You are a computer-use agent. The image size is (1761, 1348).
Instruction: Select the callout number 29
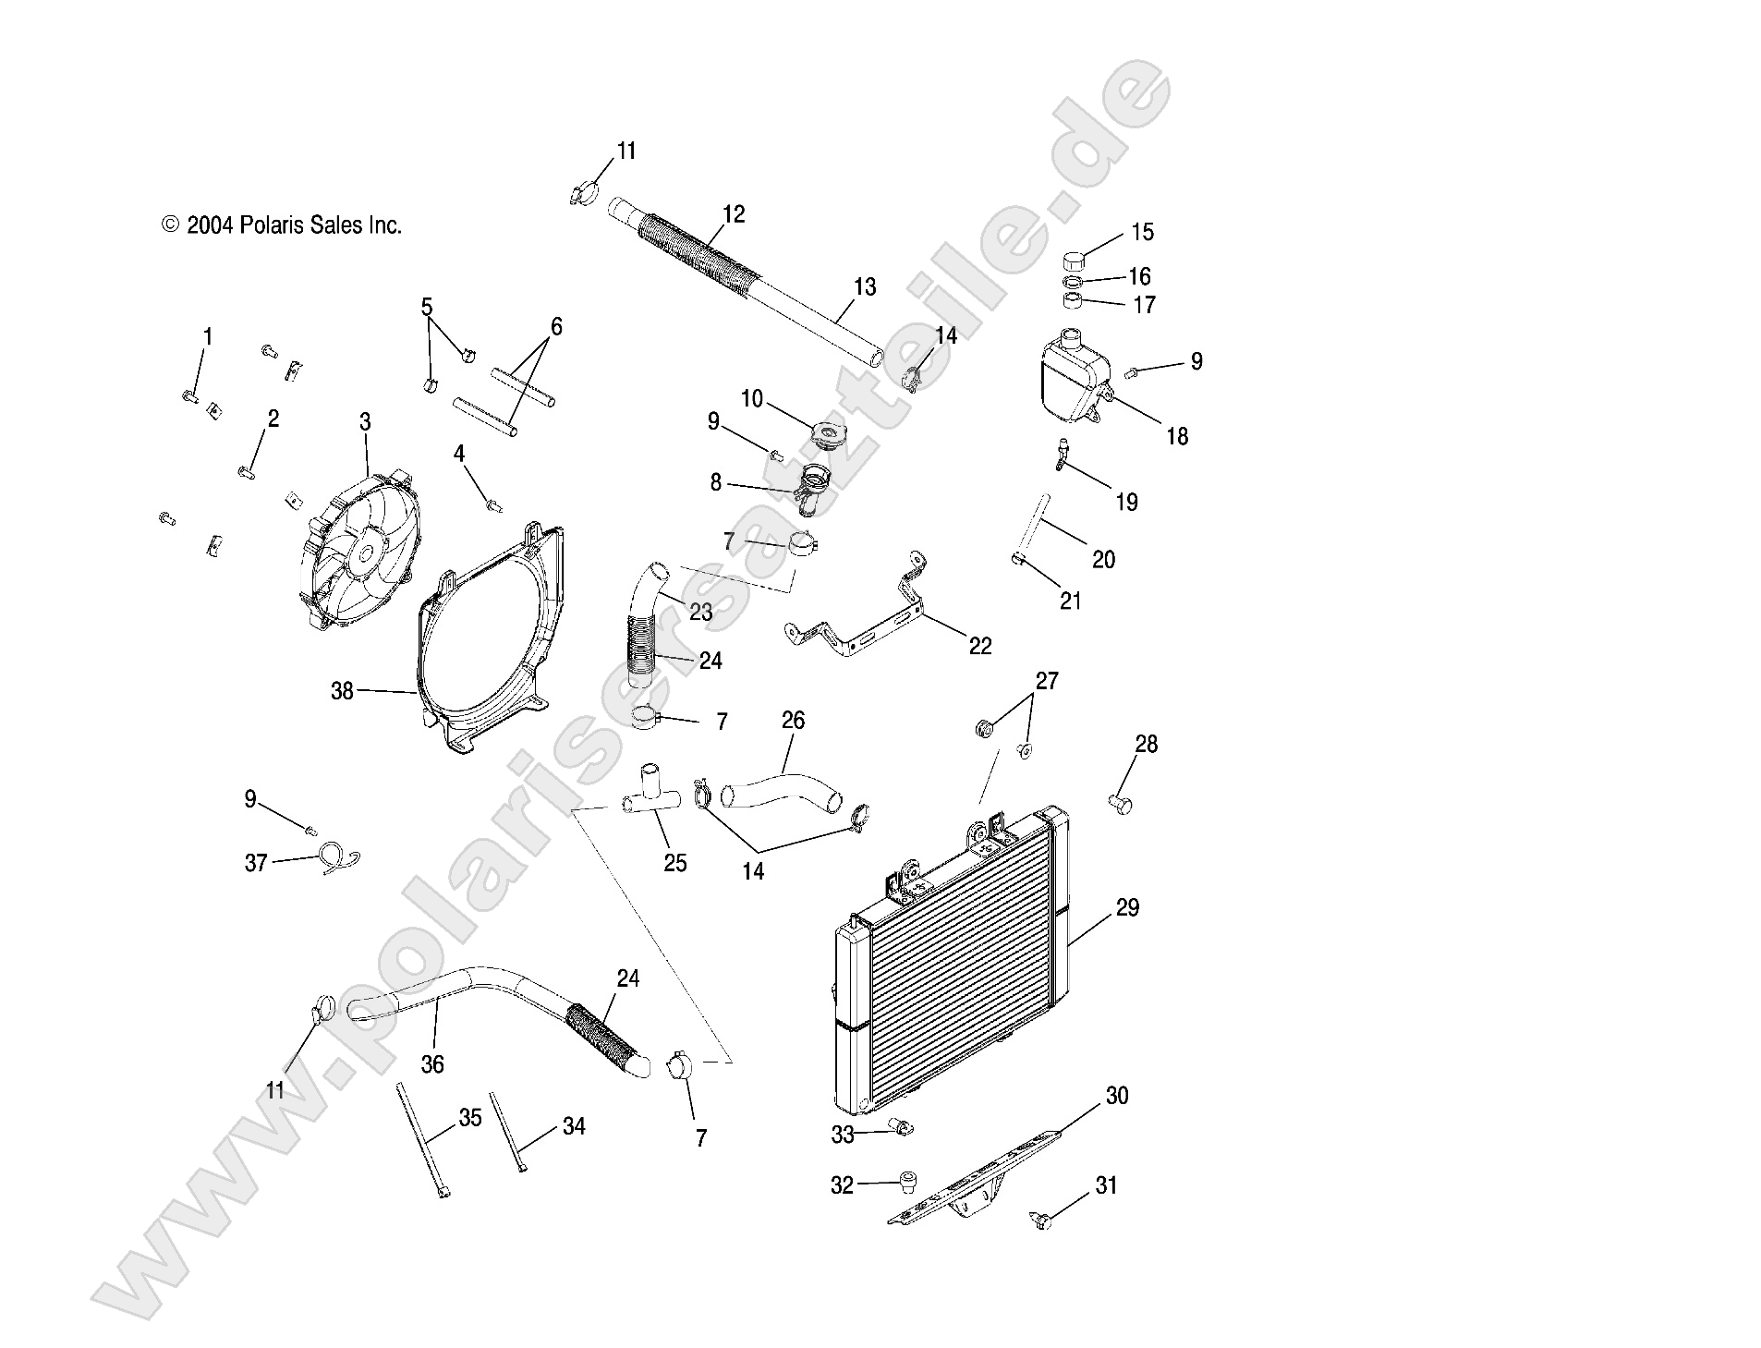(1126, 907)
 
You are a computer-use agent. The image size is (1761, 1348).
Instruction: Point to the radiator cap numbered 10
(827, 434)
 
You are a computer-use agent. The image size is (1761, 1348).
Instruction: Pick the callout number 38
(342, 690)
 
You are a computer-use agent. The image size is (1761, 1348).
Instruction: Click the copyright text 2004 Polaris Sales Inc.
(282, 225)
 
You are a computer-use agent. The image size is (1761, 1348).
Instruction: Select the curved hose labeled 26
(782, 786)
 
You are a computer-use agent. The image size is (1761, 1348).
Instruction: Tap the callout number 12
(734, 214)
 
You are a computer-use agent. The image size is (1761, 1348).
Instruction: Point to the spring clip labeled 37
(338, 858)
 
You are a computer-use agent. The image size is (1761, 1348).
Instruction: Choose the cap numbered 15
(1074, 259)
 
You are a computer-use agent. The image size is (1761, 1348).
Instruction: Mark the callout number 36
(432, 1064)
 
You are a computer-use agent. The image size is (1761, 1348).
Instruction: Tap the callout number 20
(1103, 559)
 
